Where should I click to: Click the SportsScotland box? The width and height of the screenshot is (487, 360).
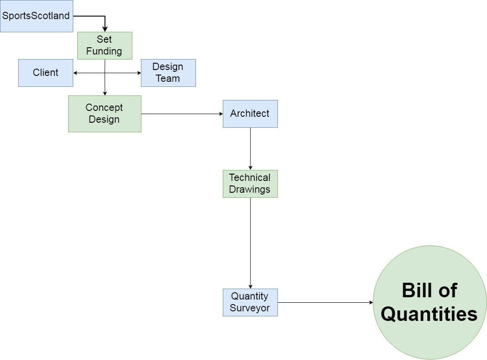36,16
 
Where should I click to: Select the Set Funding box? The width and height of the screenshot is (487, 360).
105,45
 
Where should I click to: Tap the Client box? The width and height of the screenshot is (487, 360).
45,73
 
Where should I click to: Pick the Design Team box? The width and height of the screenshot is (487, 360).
168,73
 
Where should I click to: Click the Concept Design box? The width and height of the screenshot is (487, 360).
105,114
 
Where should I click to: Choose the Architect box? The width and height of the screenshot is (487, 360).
250,114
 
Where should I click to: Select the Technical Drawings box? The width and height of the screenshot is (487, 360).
250,184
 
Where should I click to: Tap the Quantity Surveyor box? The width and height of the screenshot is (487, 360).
250,302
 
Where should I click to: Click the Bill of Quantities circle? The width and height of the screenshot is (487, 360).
430,302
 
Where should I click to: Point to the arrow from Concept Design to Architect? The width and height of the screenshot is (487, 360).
182,114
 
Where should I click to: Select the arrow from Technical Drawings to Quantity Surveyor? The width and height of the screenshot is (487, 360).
250,243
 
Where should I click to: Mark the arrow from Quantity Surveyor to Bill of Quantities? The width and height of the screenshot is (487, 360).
325,302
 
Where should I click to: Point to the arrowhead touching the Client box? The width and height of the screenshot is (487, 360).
75,73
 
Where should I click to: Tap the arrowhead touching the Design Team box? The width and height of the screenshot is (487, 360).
139,73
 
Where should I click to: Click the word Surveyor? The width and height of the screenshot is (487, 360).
250,308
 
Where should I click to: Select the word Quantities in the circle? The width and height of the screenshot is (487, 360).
429,314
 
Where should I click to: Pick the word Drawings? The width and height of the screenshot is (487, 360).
250,190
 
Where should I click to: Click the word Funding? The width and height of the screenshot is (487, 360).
104,51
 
